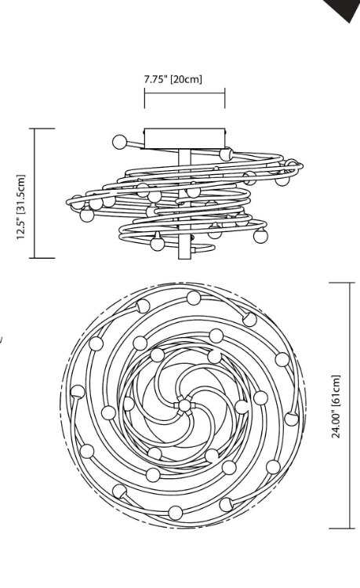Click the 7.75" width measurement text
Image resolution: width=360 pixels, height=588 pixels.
(x=155, y=78)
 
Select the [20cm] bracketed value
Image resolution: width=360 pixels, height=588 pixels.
(x=186, y=79)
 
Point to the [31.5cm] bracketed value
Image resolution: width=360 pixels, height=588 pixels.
(x=21, y=194)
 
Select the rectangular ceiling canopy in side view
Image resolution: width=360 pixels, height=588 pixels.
(x=185, y=138)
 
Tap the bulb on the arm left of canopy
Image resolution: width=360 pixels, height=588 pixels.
(x=120, y=142)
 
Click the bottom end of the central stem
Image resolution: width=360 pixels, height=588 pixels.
(x=184, y=258)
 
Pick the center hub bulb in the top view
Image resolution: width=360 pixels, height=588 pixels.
(x=184, y=405)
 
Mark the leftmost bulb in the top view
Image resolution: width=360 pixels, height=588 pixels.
(x=78, y=392)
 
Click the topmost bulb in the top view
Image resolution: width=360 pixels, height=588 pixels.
(x=194, y=298)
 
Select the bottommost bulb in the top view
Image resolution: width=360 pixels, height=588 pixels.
(x=175, y=513)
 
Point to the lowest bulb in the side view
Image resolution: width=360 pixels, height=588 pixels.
(x=157, y=243)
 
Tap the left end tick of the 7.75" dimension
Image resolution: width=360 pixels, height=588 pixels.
(x=145, y=98)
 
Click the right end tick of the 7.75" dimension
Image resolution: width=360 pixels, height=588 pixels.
(x=225, y=98)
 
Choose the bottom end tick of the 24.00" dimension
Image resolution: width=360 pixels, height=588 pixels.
(x=342, y=528)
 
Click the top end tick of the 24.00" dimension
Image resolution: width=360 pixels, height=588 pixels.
(x=342, y=283)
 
